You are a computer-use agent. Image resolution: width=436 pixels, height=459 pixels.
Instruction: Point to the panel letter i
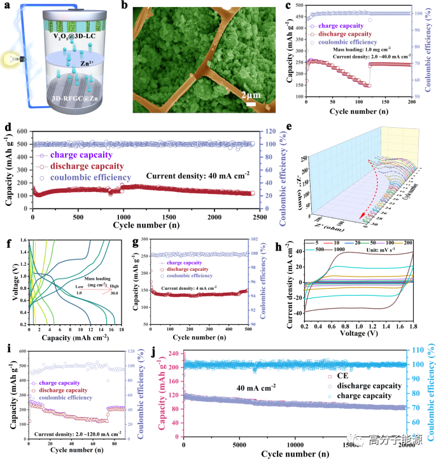(6, 349)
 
